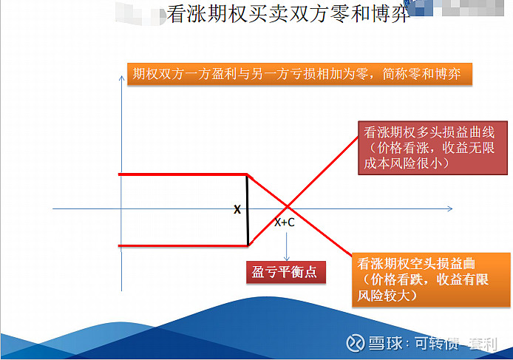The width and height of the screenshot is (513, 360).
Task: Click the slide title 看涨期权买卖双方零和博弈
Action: [288, 14]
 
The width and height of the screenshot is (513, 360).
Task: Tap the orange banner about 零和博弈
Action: [299, 74]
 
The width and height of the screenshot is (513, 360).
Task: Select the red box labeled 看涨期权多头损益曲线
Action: [432, 148]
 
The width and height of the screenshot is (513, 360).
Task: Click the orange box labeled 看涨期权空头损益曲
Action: [431, 279]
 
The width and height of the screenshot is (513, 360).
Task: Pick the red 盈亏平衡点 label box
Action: [286, 272]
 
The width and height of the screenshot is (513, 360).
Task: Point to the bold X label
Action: [237, 209]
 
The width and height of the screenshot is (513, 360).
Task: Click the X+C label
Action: [285, 223]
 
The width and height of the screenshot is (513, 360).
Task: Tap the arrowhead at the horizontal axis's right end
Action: [450, 208]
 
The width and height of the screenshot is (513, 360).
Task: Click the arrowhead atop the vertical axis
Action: [121, 78]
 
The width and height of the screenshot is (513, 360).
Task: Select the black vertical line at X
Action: [248, 209]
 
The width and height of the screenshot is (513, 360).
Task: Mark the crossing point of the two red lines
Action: [288, 206]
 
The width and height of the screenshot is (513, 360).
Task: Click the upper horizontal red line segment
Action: [183, 174]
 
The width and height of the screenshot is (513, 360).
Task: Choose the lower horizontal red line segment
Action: [183, 245]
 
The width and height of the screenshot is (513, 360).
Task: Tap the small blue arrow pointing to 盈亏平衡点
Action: [287, 246]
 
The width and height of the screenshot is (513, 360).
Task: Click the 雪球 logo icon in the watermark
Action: [356, 343]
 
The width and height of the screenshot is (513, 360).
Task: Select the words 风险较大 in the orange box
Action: [384, 296]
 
